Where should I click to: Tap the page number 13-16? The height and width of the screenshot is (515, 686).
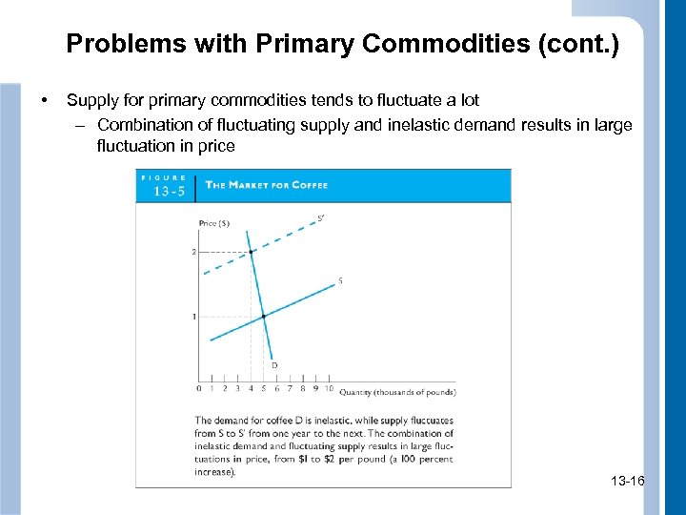626,482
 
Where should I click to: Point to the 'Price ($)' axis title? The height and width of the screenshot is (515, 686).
214,223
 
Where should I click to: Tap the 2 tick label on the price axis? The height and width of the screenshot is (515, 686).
193,252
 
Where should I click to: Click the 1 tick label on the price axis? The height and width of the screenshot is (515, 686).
193,316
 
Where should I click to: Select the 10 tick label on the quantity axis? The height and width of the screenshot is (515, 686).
329,388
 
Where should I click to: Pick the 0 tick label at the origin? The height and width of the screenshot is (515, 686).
198,388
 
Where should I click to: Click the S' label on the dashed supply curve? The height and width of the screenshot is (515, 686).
320,218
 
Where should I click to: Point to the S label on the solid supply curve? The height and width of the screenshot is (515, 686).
340,280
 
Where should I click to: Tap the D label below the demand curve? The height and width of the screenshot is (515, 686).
274,364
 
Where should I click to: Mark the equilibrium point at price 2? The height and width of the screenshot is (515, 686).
251,252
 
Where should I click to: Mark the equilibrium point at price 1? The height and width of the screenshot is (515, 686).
264,316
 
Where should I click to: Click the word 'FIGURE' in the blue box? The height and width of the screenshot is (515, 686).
165,177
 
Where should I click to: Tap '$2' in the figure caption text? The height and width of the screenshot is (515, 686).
347,459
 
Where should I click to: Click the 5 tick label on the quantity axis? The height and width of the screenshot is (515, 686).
264,388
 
